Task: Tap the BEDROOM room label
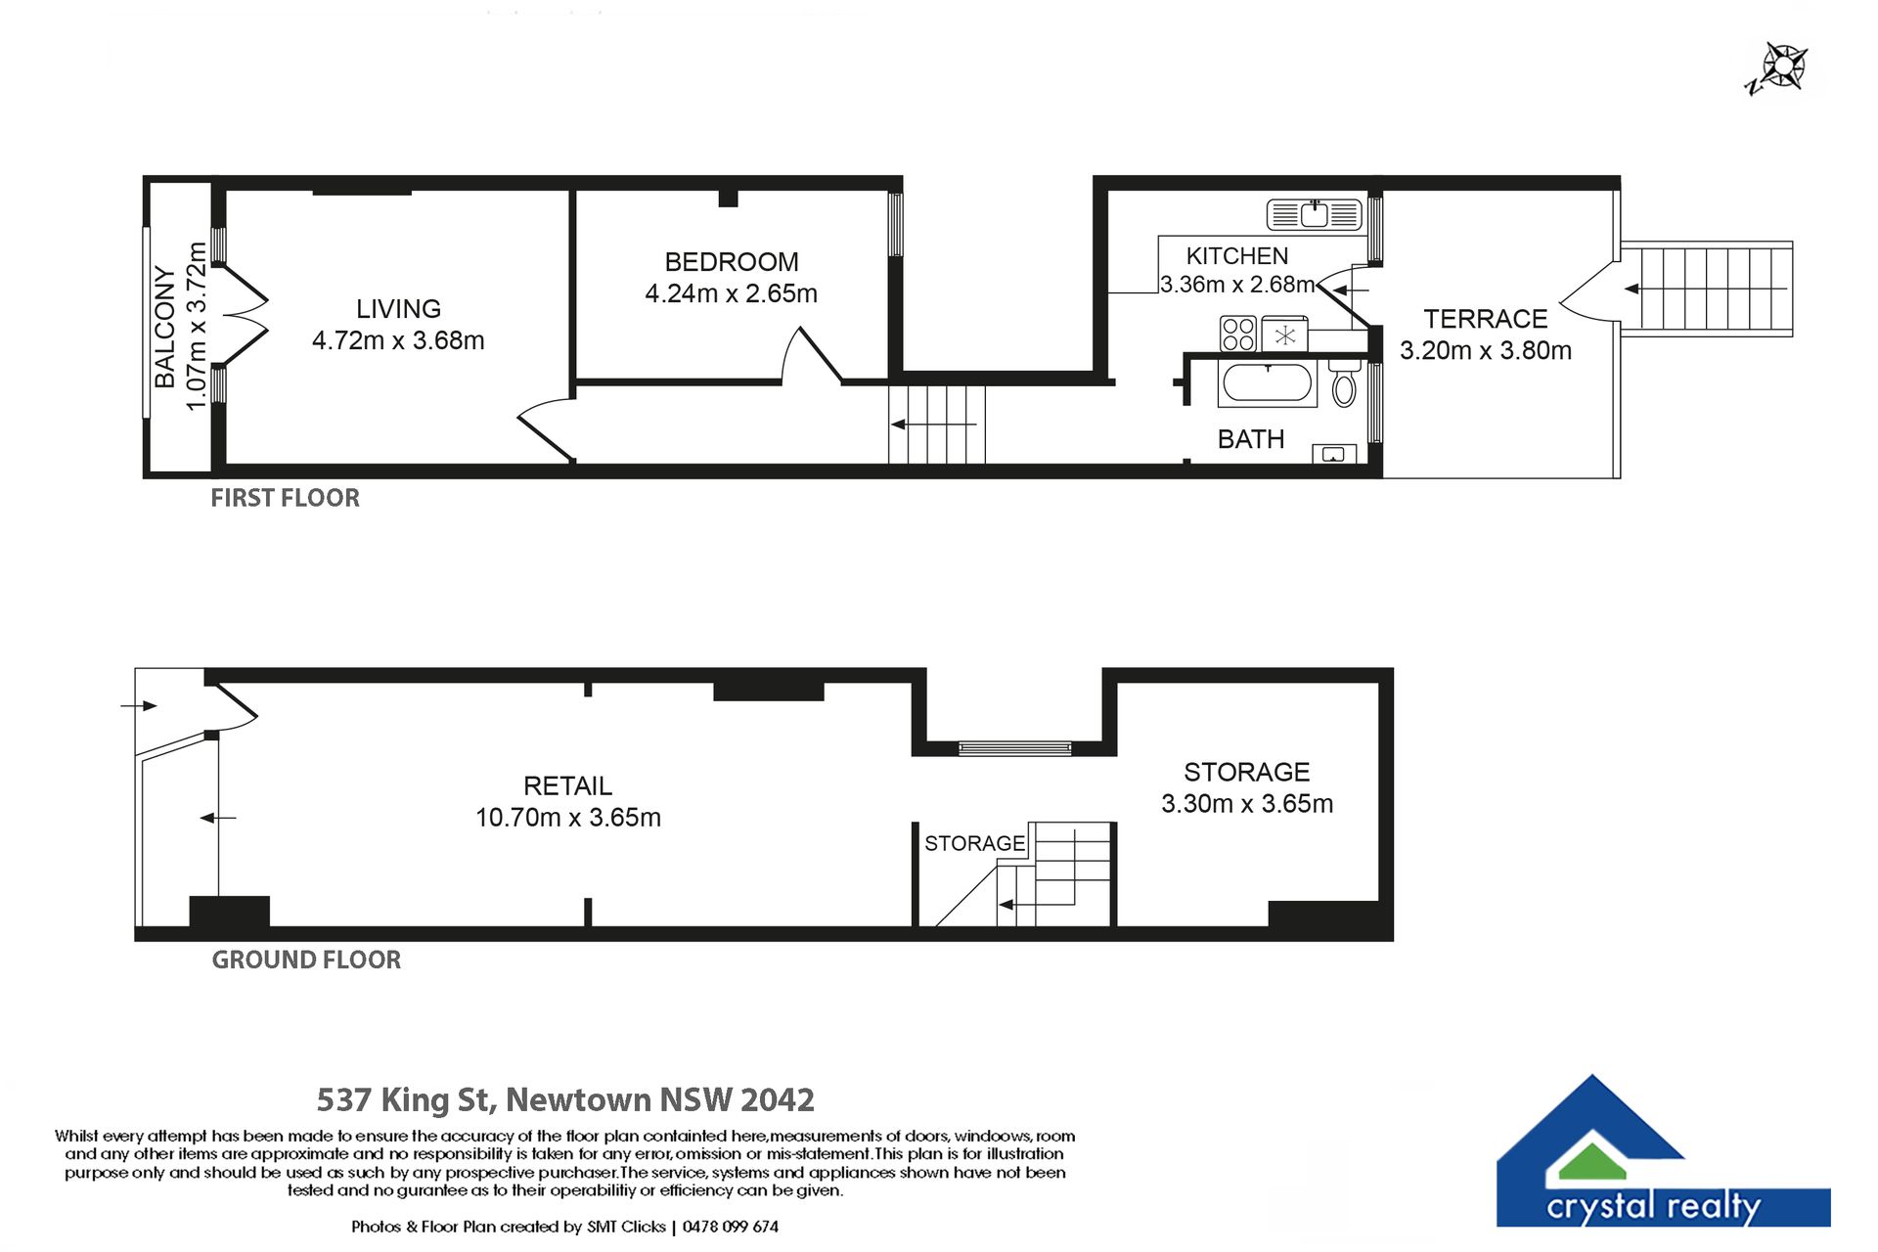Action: point(732,262)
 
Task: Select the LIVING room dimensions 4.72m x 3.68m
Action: point(398,340)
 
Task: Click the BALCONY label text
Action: point(165,327)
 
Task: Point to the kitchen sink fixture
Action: point(1314,214)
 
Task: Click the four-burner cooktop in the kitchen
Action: point(1237,334)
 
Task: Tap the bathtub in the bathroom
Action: point(1268,382)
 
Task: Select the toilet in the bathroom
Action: point(1344,382)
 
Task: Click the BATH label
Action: point(1251,439)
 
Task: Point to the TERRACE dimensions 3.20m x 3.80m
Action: point(1486,350)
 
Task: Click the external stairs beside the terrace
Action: point(1707,289)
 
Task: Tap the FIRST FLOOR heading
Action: point(286,498)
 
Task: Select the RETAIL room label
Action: point(567,785)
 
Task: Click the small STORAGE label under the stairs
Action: point(974,843)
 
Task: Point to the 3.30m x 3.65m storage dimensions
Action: point(1247,804)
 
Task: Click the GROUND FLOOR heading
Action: point(306,960)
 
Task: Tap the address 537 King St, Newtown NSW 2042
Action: point(565,1100)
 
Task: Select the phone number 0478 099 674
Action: point(731,1227)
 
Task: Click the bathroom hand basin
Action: point(1333,454)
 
